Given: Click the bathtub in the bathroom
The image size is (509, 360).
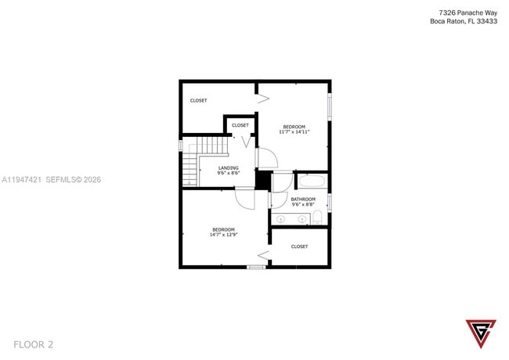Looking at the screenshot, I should [x=312, y=182].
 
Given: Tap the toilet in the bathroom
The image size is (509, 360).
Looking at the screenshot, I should [x=317, y=217].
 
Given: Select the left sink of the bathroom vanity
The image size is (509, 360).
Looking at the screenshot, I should [x=281, y=219].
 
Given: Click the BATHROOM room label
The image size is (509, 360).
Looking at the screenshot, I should [x=303, y=199].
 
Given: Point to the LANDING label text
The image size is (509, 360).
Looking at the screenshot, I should [x=229, y=167].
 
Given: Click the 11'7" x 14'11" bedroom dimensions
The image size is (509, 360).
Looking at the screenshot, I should [x=294, y=131].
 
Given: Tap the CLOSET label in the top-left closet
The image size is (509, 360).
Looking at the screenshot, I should [x=199, y=100].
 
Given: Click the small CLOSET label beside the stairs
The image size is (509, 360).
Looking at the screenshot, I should [x=240, y=125].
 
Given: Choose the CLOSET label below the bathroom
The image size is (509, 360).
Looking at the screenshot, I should [x=299, y=247].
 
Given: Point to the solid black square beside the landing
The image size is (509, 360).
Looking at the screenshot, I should [x=263, y=180].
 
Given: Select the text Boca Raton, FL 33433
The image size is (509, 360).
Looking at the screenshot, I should [x=463, y=22].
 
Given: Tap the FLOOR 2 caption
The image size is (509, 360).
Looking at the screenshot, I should [x=34, y=344].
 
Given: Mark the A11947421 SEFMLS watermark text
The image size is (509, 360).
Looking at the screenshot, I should [x=51, y=179].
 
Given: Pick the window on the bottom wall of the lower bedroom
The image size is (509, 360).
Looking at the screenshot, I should [x=255, y=268].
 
